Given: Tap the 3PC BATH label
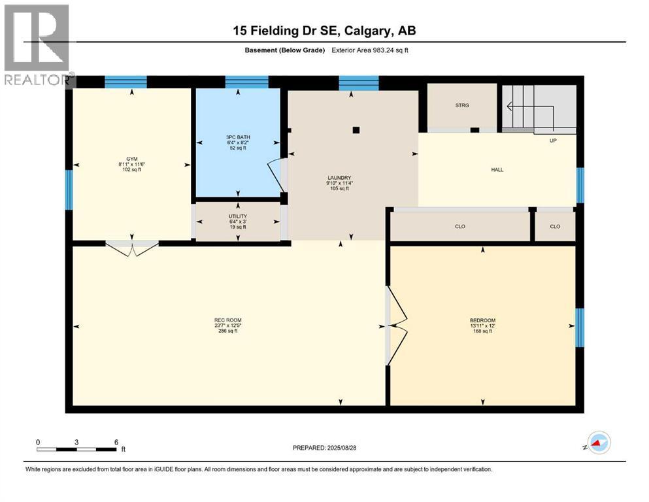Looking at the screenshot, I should pyautogui.click(x=238, y=137).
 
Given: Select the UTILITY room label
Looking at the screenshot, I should pyautogui.click(x=238, y=216).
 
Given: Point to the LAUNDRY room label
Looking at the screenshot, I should pyautogui.click(x=340, y=178).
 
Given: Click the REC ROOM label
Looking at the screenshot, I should pyautogui.click(x=227, y=320).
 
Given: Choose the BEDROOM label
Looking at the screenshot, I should pyautogui.click(x=482, y=320).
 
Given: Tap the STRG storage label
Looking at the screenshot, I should pyautogui.click(x=463, y=105).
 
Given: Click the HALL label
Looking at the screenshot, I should pyautogui.click(x=497, y=170).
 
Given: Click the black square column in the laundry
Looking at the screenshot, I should pyautogui.click(x=356, y=130).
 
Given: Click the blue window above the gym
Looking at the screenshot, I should pyautogui.click(x=125, y=82).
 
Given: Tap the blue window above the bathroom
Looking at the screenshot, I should pyautogui.click(x=246, y=82).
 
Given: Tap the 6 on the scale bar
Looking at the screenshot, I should pyautogui.click(x=116, y=442).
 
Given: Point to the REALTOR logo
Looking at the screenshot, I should pyautogui.click(x=38, y=44).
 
